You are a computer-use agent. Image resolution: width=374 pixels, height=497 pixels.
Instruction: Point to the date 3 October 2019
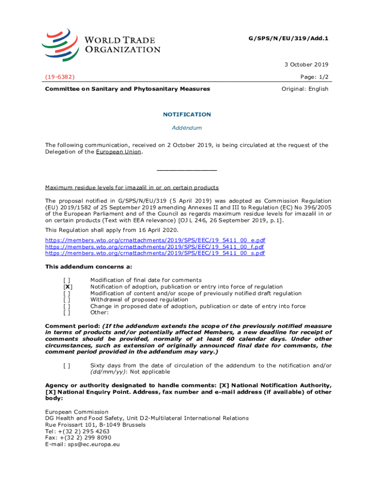tap(306, 65)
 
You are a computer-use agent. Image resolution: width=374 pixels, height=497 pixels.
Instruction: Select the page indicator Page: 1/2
tap(313, 77)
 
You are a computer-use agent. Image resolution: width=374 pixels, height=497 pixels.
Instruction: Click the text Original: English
tap(305, 89)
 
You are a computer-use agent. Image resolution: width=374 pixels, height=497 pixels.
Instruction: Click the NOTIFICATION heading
tap(187, 115)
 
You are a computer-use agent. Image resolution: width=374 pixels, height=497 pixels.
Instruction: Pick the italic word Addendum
tap(187, 128)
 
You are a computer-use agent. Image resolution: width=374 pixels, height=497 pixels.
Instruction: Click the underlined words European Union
tap(119, 152)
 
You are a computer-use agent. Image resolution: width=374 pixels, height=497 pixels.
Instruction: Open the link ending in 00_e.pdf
tap(155, 240)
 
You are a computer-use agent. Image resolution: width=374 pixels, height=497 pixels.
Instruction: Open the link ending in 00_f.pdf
tap(154, 247)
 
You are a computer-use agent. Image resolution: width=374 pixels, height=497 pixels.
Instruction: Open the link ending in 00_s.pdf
tap(155, 253)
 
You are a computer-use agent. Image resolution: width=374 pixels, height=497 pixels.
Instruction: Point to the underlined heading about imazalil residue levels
tap(132, 187)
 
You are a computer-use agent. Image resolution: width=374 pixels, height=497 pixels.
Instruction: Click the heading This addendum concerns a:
tap(88, 266)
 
